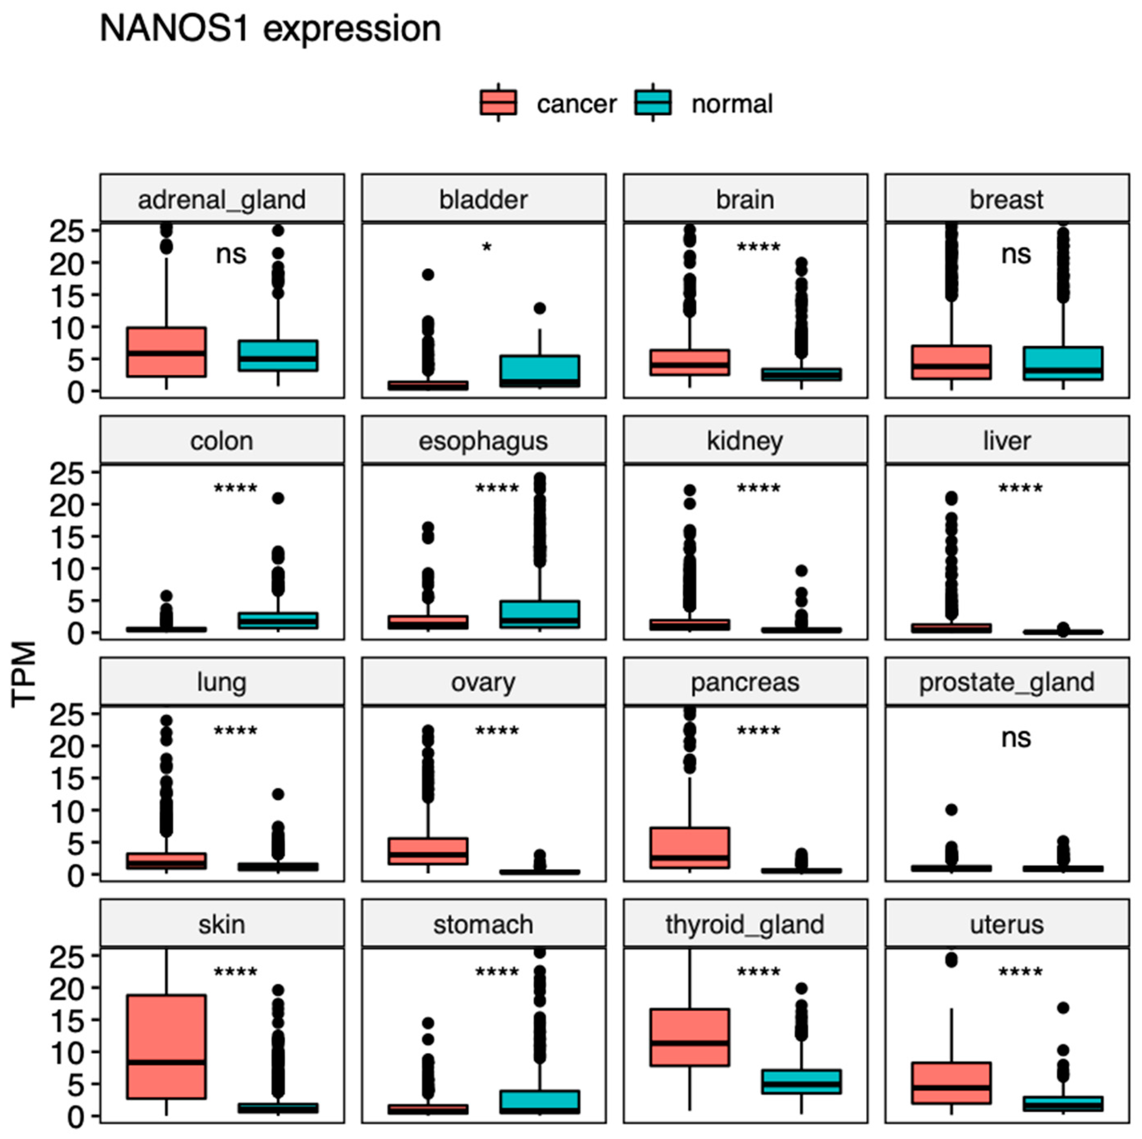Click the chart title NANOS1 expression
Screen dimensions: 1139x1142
[270, 28]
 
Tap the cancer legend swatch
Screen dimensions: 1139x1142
[498, 103]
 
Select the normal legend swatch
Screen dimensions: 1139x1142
[653, 103]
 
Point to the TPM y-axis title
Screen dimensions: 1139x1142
[24, 674]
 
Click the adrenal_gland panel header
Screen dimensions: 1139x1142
[222, 199]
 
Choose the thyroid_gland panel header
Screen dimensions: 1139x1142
[745, 924]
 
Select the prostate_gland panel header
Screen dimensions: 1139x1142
[1006, 683]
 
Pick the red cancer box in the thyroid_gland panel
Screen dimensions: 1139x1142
[689, 1038]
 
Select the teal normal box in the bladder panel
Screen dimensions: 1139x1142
[539, 371]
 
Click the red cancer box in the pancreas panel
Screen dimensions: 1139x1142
[689, 847]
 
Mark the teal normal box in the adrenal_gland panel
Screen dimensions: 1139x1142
[278, 356]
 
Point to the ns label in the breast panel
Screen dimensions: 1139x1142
[1016, 254]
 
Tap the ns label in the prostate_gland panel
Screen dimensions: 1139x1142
[1016, 738]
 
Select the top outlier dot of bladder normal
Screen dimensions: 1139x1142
[539, 308]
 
